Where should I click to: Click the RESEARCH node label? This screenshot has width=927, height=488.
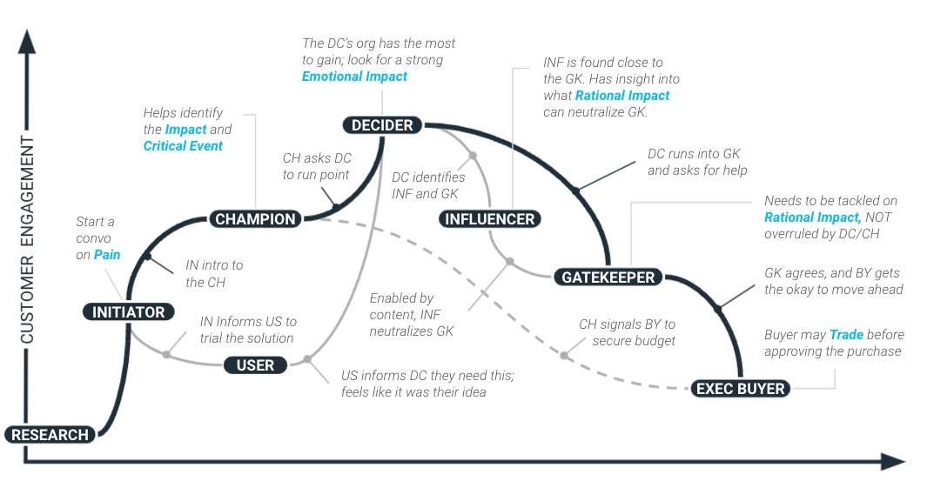(50, 435)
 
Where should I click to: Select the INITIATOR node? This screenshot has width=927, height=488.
(129, 311)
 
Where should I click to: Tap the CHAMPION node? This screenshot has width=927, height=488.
(255, 219)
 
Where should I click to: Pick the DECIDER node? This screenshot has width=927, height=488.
(382, 125)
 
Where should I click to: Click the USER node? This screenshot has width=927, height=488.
(255, 365)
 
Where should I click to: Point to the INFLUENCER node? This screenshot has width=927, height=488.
(489, 219)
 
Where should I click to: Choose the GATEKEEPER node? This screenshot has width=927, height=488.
(608, 277)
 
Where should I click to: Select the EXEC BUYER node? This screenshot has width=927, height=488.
(741, 389)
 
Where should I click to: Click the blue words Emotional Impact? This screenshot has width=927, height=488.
(354, 77)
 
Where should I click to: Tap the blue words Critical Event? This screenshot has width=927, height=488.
(183, 146)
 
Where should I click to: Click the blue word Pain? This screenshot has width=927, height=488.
(107, 255)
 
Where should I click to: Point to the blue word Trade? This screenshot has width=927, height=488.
(845, 335)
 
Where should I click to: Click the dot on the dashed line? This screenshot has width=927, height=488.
(564, 355)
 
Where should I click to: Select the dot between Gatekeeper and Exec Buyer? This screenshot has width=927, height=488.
(718, 309)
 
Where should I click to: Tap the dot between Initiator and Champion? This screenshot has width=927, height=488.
(147, 257)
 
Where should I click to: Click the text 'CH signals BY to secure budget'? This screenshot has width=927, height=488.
(628, 332)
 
